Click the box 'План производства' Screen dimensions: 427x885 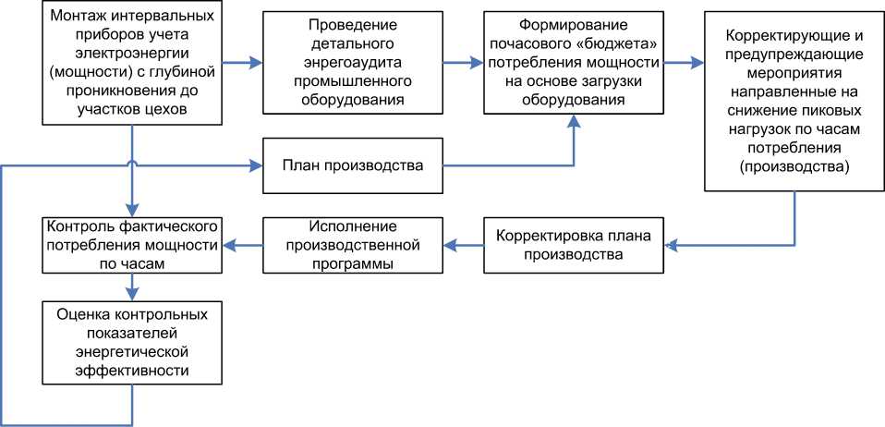[352, 166]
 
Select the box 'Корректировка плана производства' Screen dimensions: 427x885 [574, 245]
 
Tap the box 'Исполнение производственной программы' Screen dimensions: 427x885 [352, 245]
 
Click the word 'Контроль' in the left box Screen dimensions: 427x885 [76, 226]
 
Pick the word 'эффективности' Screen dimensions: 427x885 [134, 370]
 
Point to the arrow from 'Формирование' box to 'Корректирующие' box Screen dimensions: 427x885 [684, 64]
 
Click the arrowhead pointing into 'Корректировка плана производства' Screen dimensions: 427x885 [671, 245]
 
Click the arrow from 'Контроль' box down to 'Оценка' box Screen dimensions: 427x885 [133, 287]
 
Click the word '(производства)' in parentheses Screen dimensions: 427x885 [794, 166]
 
